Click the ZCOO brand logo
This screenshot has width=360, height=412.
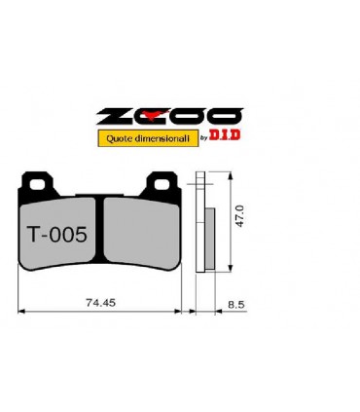(169, 117)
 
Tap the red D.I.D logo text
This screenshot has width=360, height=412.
(225, 134)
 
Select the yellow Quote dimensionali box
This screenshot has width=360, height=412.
(148, 138)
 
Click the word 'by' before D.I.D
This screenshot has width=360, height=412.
(204, 138)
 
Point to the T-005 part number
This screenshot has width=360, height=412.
(57, 235)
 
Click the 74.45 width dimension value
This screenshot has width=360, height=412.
(100, 303)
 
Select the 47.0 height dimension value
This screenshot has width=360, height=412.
(239, 216)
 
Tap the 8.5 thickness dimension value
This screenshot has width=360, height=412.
(236, 305)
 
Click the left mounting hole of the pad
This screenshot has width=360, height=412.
(37, 185)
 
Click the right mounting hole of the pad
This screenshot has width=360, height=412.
(162, 185)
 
